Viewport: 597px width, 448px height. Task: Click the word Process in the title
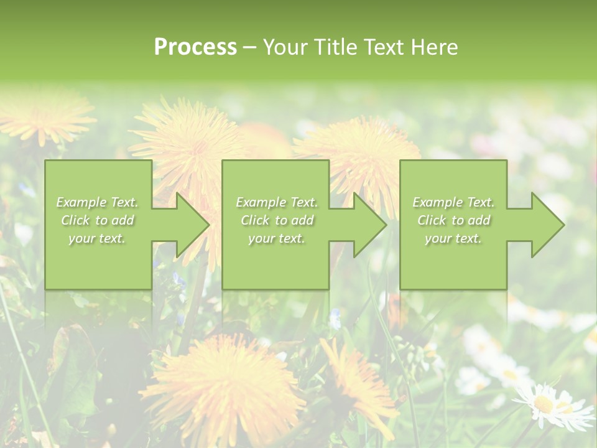195,47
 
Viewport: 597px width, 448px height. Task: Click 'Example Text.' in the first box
98,202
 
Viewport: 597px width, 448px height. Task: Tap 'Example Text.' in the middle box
277,202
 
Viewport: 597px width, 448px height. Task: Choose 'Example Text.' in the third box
453,202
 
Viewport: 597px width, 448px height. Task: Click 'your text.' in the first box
97,238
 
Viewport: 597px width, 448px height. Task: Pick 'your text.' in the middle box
277,238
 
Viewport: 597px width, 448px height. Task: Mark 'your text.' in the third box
453,238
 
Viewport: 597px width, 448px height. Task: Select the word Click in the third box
432,220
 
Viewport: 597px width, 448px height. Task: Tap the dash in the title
249,48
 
